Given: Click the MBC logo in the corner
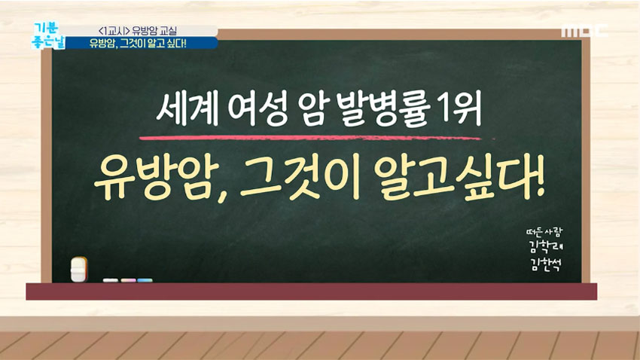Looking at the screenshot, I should tap(584, 32).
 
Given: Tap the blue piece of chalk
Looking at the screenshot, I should tap(145, 280).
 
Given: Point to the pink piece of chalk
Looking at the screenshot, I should tap(128, 280).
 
